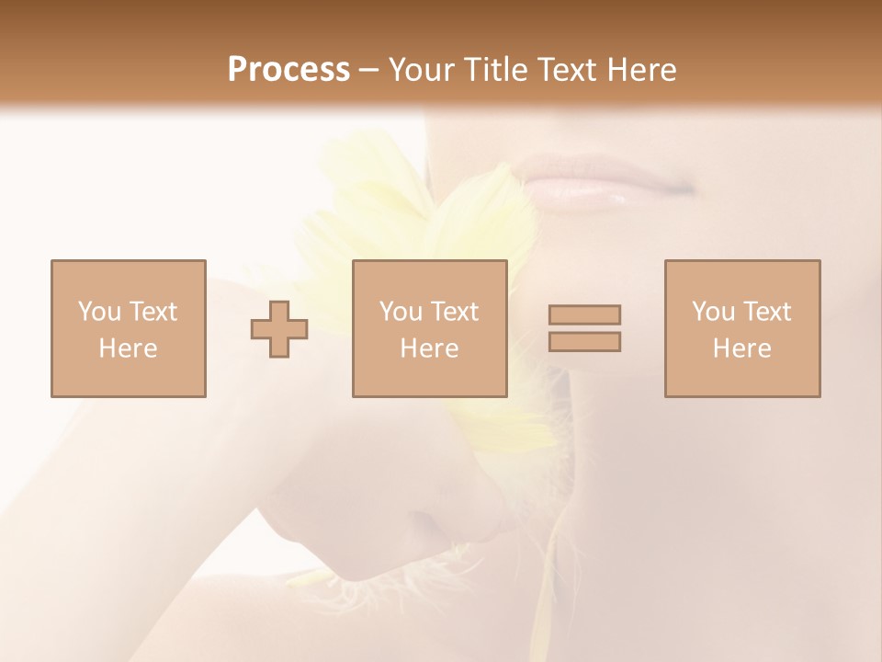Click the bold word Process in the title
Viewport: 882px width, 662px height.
288,69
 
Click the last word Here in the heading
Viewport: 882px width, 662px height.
639,69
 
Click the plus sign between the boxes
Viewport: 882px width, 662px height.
279,328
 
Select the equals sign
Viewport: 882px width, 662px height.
584,328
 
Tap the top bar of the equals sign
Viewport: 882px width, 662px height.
584,314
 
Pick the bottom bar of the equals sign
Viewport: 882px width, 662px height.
584,342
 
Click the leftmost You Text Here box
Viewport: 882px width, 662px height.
128,328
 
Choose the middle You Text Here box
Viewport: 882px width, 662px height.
429,328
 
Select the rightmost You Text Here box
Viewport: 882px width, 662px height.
741,328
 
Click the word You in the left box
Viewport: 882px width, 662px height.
100,312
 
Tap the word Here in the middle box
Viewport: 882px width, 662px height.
429,348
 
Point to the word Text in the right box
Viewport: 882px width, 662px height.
766,312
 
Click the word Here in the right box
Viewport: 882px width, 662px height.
741,348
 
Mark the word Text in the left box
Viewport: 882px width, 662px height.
153,312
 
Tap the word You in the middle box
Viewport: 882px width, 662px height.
401,312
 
